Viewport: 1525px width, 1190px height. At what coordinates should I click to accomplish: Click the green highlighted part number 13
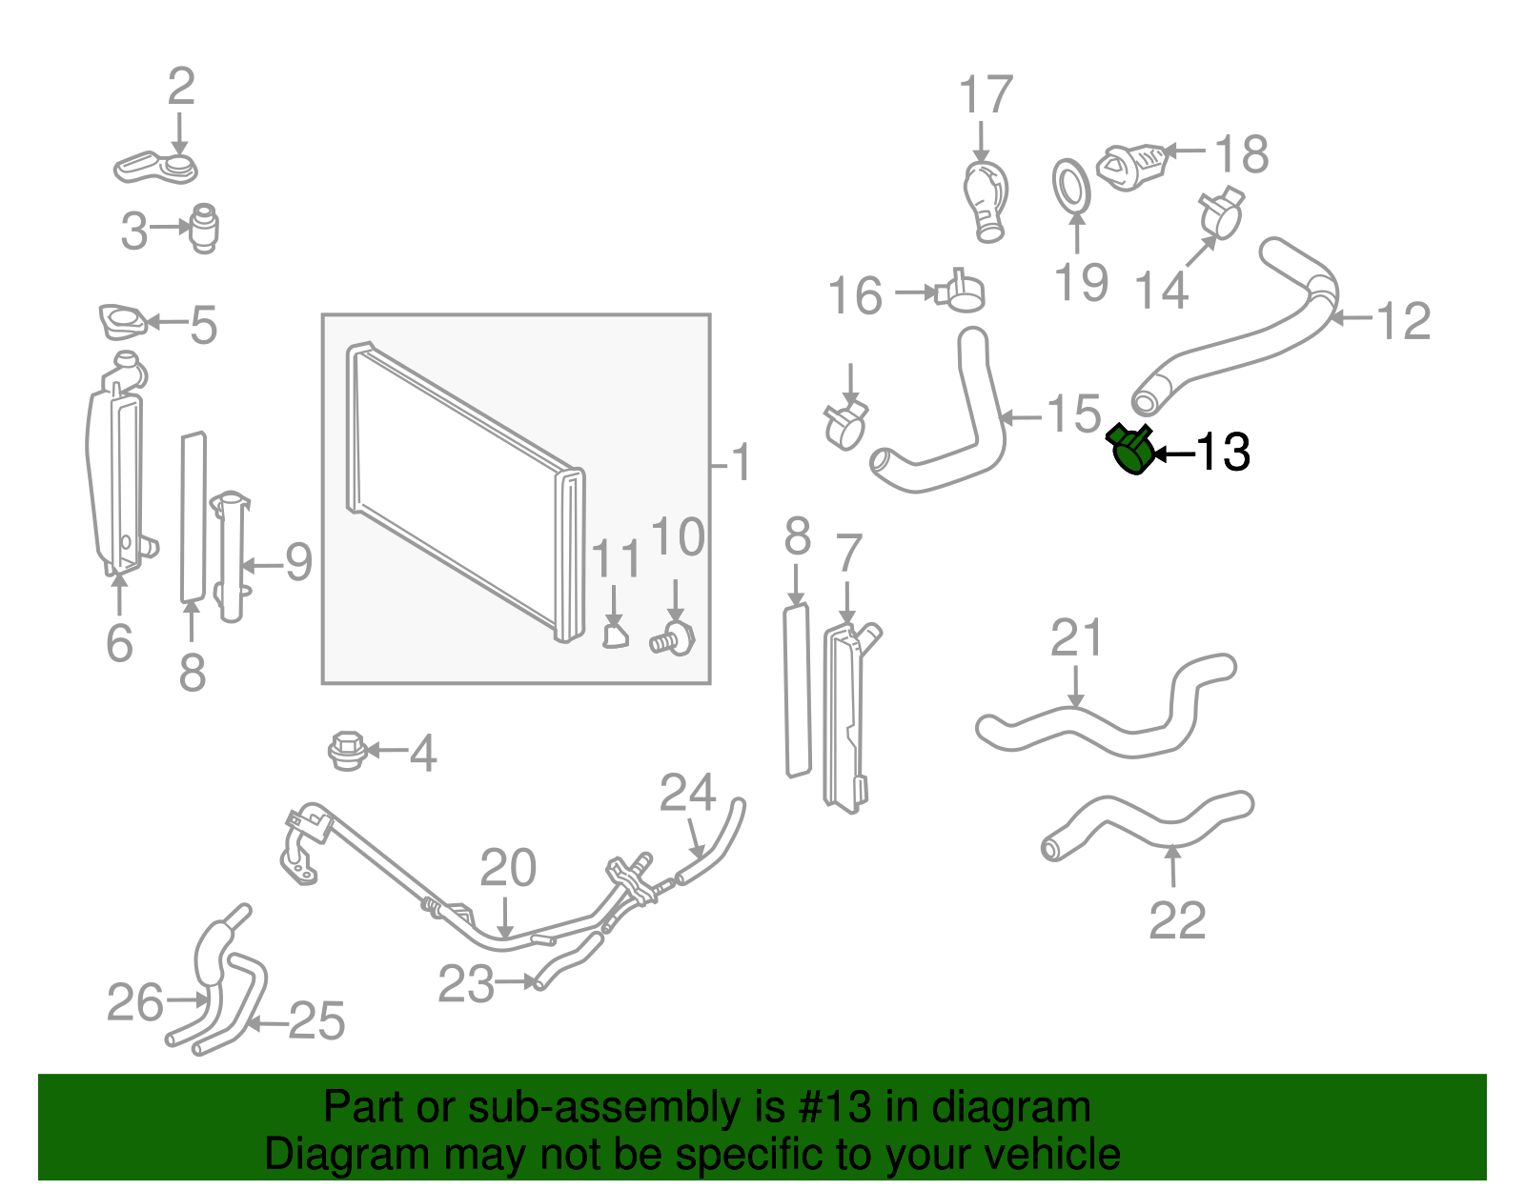pyautogui.click(x=1131, y=451)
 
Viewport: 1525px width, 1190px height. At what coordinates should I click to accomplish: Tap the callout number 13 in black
pyautogui.click(x=1223, y=452)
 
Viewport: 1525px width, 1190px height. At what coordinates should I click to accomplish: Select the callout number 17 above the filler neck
pyautogui.click(x=985, y=96)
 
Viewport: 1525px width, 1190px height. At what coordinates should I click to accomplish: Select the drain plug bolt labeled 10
pyautogui.click(x=675, y=639)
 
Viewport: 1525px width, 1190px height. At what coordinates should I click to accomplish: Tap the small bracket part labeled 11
pyautogui.click(x=616, y=634)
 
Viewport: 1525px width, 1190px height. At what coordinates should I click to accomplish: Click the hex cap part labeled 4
pyautogui.click(x=346, y=751)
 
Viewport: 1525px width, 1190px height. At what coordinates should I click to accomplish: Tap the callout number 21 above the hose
pyautogui.click(x=1076, y=638)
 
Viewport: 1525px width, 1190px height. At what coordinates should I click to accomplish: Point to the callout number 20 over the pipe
pyautogui.click(x=508, y=868)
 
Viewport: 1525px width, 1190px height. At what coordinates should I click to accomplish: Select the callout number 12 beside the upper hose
pyautogui.click(x=1404, y=321)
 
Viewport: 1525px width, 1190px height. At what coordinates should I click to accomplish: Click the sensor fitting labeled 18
pyautogui.click(x=1133, y=166)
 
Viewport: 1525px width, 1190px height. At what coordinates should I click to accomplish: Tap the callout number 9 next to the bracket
pyautogui.click(x=298, y=562)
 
